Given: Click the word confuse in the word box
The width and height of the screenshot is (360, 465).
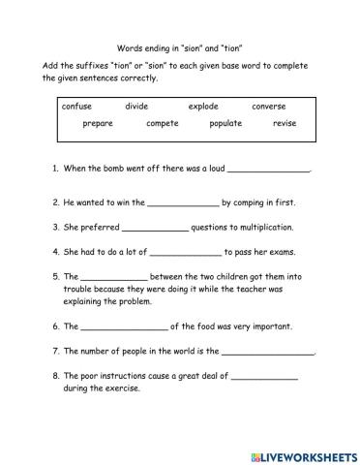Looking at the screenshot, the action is [x=76, y=106].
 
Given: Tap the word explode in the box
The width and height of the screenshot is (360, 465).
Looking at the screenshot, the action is [x=204, y=106].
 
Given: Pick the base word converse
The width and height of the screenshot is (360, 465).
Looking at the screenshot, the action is [x=269, y=106].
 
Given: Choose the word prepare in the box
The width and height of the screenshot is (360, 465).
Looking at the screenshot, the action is [x=98, y=124].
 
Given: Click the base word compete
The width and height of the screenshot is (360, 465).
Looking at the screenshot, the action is [x=163, y=124].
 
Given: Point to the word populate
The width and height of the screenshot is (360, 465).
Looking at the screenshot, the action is [x=225, y=124].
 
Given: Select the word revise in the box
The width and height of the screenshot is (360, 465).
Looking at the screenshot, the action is [x=285, y=124].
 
